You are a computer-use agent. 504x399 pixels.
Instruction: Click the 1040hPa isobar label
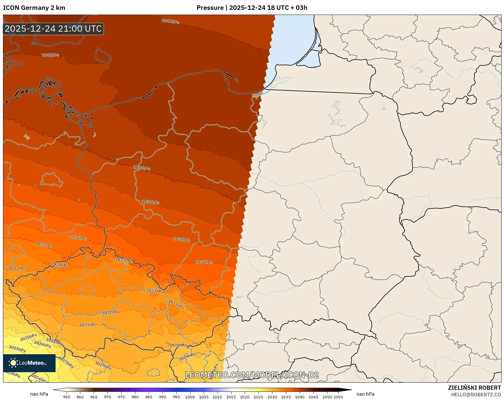pos(142,168)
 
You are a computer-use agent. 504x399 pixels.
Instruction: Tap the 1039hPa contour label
pos(151,202)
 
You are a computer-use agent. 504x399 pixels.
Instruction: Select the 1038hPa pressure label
pos(182,239)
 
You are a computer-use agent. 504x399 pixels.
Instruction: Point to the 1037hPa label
pos(204,262)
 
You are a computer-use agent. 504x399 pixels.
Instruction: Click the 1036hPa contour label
pos(79,238)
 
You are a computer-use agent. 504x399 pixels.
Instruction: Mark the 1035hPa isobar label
pos(44,245)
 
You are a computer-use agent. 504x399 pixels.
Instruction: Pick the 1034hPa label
pos(60,265)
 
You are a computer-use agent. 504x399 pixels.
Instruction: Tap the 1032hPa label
pos(111,312)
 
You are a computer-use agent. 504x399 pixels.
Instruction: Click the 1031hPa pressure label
pos(88,325)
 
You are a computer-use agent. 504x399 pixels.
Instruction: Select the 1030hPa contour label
pos(178,345)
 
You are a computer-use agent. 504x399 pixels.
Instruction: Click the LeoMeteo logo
pos(29,363)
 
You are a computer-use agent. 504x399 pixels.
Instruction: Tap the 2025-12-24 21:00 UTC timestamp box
pos(53,29)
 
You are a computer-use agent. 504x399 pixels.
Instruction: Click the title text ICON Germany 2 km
pos(34,8)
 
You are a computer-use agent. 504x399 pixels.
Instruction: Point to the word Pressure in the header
pos(210,8)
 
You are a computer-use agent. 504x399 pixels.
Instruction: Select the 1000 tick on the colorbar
pos(190,397)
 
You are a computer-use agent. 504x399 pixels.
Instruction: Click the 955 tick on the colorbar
pos(67,397)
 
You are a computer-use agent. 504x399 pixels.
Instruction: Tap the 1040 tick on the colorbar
pos(300,397)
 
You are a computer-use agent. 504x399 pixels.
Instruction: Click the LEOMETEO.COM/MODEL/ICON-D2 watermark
pos(252,375)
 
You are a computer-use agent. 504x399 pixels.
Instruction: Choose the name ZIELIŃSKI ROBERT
pos(474,388)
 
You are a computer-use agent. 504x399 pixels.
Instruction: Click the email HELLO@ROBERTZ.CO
pos(476,395)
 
